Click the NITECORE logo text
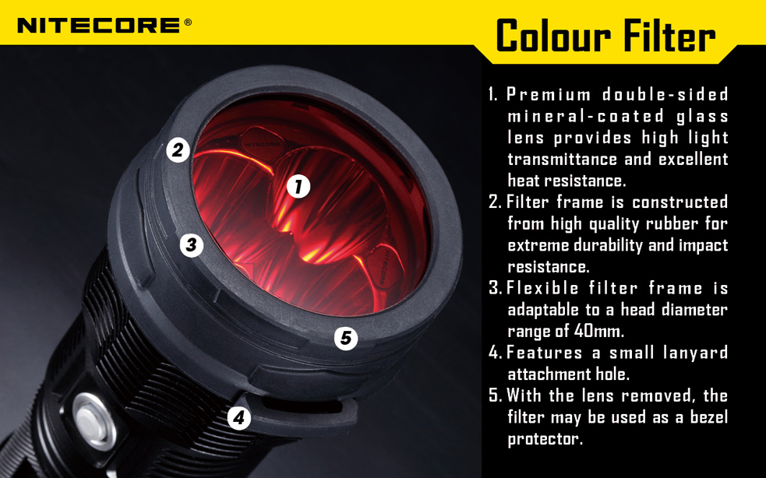[x=100, y=26]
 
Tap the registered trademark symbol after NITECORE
[x=188, y=23]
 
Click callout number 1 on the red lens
[x=298, y=186]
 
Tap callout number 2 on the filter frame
[x=178, y=149]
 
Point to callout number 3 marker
[x=191, y=245]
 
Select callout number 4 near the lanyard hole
[x=239, y=418]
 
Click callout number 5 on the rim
[x=346, y=339]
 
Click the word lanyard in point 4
[x=691, y=353]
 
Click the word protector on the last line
[x=545, y=439]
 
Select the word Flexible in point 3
[x=539, y=288]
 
